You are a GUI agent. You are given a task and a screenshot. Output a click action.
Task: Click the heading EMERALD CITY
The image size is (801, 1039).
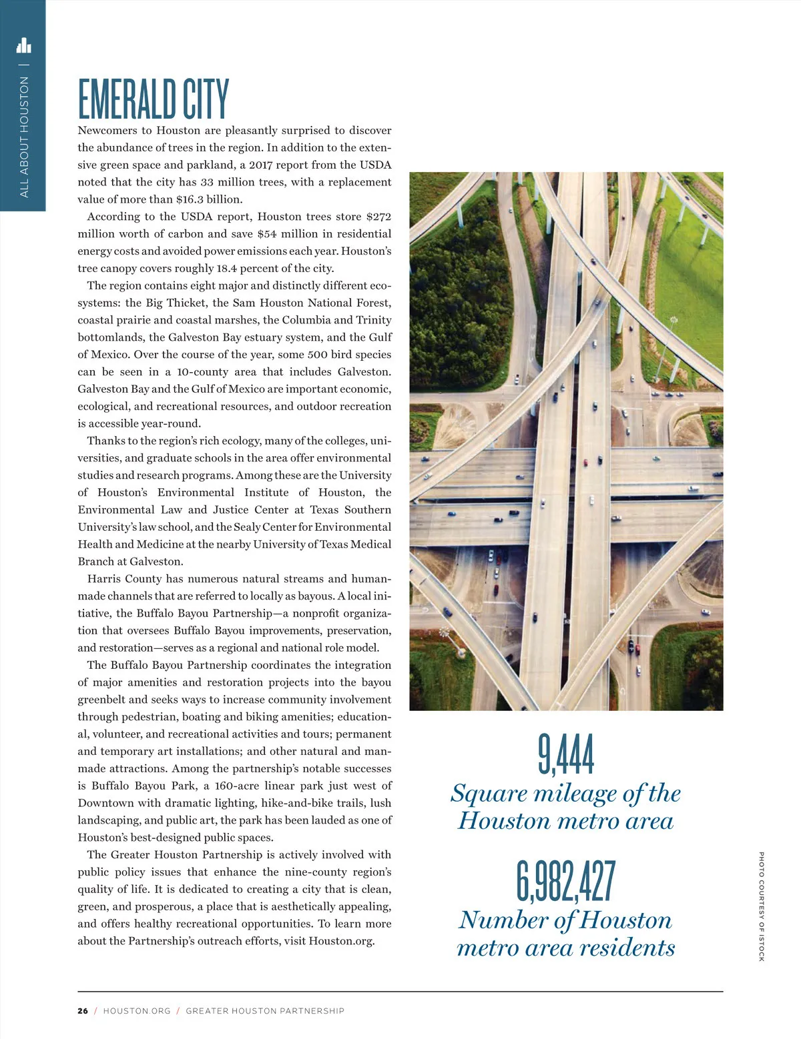[154, 99]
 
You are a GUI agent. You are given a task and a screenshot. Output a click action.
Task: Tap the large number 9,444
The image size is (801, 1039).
[566, 754]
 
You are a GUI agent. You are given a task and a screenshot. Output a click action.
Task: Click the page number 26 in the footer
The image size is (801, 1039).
[83, 1011]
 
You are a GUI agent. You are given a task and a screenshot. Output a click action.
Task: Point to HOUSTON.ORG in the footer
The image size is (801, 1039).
[137, 1011]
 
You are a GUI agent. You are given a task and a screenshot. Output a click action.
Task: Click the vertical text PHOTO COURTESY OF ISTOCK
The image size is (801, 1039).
[761, 906]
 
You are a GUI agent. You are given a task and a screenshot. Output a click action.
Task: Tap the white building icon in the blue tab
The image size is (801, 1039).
[23, 45]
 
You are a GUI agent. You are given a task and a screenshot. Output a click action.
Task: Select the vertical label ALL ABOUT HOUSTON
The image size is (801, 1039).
[25, 137]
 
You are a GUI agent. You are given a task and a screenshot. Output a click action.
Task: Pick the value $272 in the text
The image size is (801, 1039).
[378, 217]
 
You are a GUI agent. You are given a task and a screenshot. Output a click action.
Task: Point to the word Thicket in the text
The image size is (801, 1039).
[186, 303]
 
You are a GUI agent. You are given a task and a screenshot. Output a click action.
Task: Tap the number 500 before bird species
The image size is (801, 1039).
[317, 355]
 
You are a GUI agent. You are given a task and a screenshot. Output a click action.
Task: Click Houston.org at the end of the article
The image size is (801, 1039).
[341, 941]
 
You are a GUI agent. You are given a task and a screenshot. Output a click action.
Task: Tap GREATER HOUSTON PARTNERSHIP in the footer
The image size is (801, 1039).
[265, 1011]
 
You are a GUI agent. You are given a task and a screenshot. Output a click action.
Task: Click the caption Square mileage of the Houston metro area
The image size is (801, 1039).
[566, 806]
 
